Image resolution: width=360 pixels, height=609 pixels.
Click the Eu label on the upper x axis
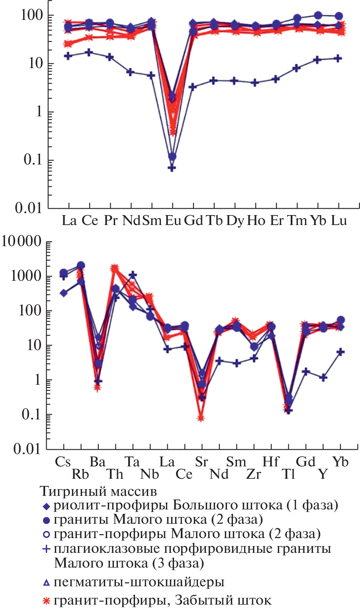coord(173,220)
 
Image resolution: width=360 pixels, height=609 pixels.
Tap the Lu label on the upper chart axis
coord(339,220)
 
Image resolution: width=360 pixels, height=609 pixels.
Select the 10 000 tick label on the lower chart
coord(22,241)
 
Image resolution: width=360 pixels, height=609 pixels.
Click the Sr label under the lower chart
coord(202,462)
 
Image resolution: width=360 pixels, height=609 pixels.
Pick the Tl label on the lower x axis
coord(289,474)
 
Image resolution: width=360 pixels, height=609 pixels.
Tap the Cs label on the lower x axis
coord(63,462)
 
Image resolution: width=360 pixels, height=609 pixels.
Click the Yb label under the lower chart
coord(340,462)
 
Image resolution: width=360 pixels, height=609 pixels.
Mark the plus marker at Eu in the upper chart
coord(172,168)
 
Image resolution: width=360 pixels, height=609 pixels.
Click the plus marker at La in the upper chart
coord(68,56)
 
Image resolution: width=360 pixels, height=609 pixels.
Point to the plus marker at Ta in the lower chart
coord(133,275)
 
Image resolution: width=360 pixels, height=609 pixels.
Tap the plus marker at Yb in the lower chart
coord(340,352)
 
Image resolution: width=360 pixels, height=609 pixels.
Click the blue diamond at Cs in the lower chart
coord(63,293)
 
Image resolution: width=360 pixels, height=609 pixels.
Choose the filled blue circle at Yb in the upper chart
coord(318,16)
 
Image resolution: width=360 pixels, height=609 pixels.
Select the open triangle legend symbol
coord(46,583)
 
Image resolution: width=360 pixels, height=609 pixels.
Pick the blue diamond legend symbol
coord(46,506)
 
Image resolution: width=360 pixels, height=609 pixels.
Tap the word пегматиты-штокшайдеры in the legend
coord(139,582)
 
